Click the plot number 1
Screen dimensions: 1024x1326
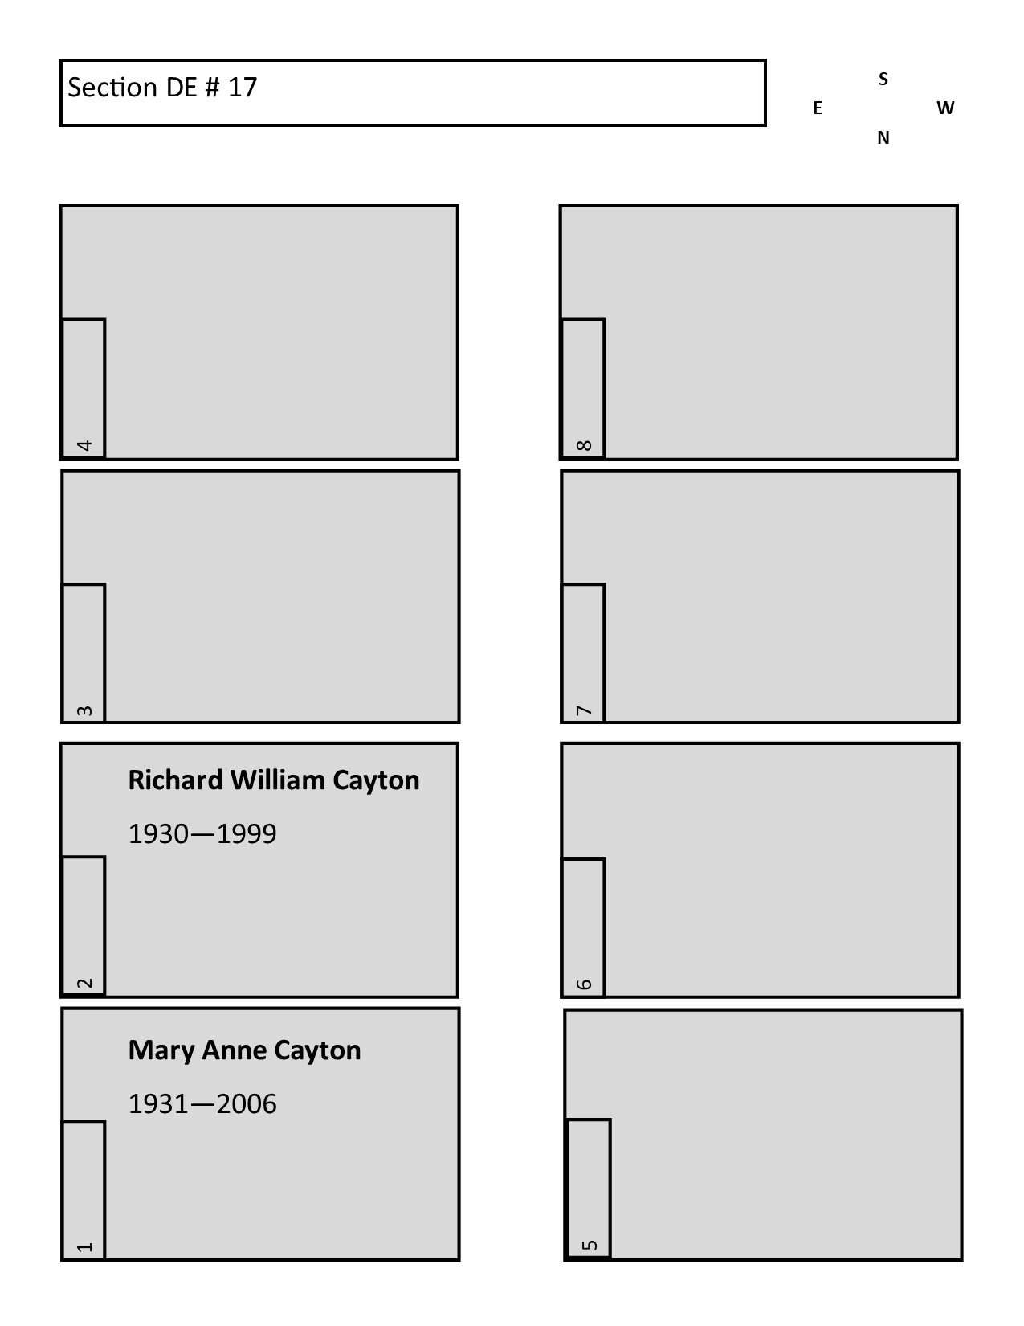coord(85,1246)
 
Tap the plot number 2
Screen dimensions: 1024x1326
coord(85,983)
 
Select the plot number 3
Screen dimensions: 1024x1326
coord(85,711)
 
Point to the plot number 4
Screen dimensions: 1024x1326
coord(85,445)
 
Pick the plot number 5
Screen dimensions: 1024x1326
coord(590,1245)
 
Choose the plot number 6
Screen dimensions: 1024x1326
coord(584,984)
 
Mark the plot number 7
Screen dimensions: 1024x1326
coord(584,711)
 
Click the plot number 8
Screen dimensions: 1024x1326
coord(584,445)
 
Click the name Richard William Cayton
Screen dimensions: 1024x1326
coord(274,781)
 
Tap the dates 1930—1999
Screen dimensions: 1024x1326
coord(202,834)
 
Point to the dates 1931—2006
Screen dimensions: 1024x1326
coord(202,1104)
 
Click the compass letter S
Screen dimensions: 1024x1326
coord(883,79)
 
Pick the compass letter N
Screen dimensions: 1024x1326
coord(883,138)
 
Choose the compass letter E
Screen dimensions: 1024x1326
coord(818,108)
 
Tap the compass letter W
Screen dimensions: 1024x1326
coord(945,108)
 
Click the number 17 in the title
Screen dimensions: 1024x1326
coord(243,88)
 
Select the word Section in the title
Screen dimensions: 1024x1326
coord(112,88)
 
